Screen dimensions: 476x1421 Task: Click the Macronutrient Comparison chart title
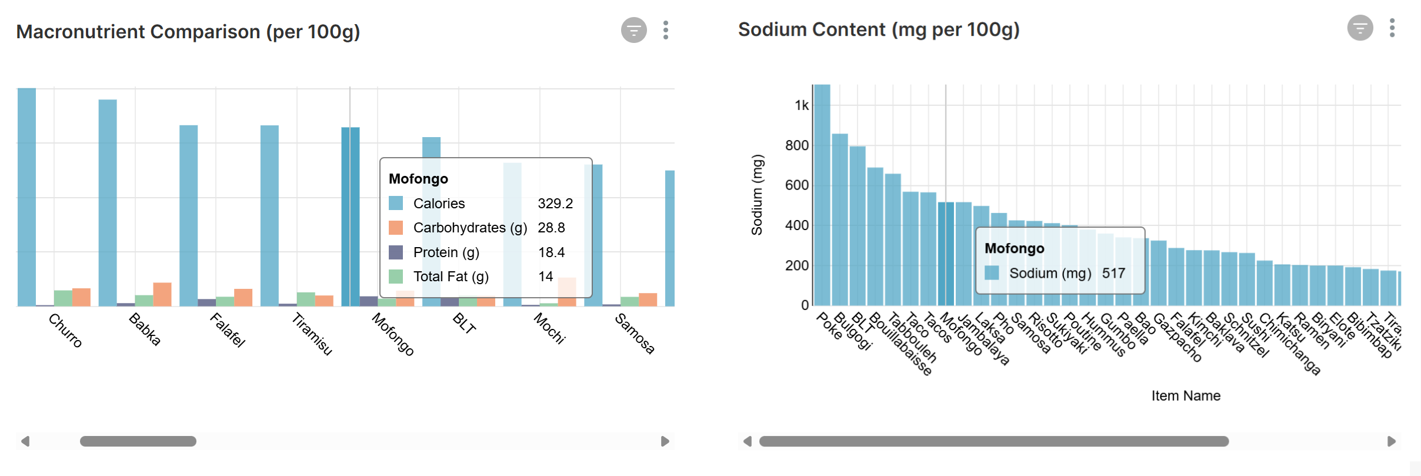coord(188,32)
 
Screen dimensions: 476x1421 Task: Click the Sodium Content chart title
coord(878,29)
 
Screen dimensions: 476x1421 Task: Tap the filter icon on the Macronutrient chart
coord(633,30)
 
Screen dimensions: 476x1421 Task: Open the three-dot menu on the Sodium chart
coord(1392,28)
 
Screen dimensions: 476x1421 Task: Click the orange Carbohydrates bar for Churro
coord(81,297)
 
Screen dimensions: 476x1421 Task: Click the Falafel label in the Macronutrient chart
coord(228,330)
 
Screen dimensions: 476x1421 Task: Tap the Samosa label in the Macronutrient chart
coord(635,334)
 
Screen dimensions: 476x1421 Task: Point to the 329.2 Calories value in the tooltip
coord(555,204)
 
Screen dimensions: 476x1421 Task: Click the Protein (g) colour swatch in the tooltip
coord(396,252)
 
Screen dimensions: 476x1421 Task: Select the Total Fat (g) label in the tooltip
coord(451,277)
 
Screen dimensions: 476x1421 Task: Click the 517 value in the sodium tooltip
coord(1113,273)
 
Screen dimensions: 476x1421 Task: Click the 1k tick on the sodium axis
coord(801,105)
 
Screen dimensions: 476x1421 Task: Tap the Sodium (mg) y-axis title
coord(756,195)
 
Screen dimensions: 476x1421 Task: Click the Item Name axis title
coord(1185,395)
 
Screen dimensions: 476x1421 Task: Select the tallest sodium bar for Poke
coord(822,194)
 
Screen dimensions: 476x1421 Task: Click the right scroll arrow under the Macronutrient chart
coord(665,441)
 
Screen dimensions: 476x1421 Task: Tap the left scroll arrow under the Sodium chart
coord(747,441)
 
